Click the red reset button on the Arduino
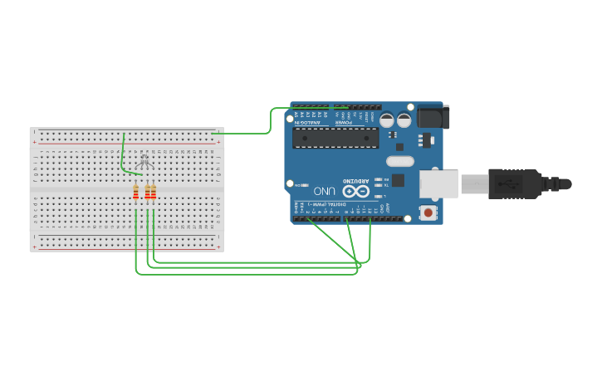428,212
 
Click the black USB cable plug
514,183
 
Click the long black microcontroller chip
335,138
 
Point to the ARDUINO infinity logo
355,191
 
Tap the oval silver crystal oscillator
399,162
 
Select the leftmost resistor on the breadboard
136,193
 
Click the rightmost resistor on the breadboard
154,193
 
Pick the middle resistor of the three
148,193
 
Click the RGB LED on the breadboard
144,161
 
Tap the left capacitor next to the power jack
387,120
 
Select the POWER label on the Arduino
344,123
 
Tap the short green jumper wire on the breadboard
125,154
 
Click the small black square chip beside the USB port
398,180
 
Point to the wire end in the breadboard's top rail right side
213,133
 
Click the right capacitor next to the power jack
404,120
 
